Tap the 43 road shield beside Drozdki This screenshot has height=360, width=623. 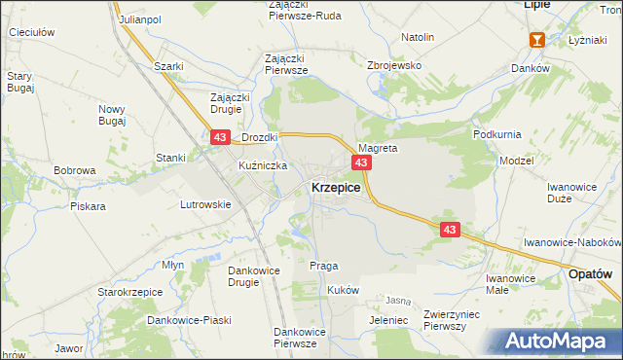click(220, 140)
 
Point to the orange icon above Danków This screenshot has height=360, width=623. click(536, 40)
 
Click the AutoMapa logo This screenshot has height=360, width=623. click(563, 342)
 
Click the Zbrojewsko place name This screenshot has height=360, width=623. click(392, 64)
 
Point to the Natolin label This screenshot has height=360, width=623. click(417, 37)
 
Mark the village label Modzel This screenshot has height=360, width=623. click(516, 160)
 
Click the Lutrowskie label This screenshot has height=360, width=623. click(205, 204)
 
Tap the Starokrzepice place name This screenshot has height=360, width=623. click(122, 291)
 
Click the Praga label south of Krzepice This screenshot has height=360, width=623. click(323, 266)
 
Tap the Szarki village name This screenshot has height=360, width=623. click(169, 66)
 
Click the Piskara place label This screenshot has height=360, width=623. click(88, 206)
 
